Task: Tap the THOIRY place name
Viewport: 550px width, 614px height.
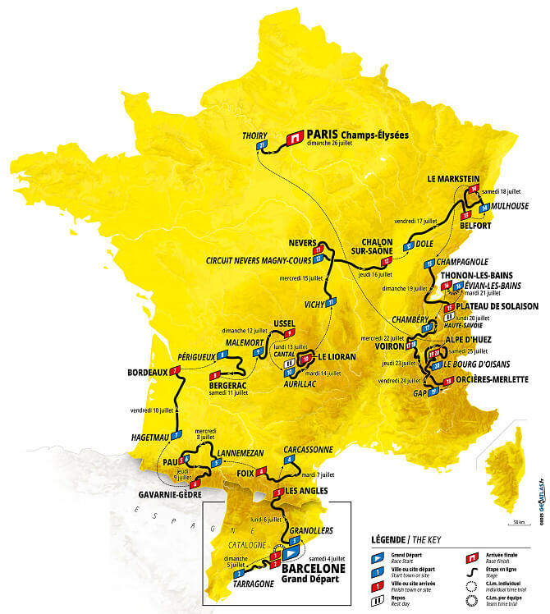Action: pos(256,135)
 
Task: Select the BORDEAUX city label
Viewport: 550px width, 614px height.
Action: pos(148,372)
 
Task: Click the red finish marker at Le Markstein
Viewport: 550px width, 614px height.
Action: pos(474,190)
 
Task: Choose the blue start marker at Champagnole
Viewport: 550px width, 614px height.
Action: pos(429,264)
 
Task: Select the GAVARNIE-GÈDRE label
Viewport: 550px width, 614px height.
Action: pos(169,496)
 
